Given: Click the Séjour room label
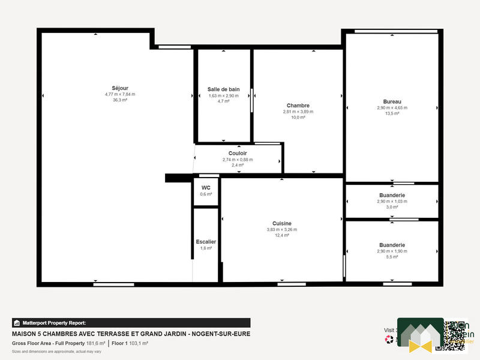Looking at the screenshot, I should point(120,88).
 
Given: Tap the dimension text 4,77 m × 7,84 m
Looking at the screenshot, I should point(120,94).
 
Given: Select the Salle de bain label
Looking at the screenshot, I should point(223,89).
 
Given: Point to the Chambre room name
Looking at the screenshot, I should point(298,106).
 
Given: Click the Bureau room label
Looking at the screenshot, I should point(392,101).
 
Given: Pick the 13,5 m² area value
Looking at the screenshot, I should point(392,113).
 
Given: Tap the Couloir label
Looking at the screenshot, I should point(238,154).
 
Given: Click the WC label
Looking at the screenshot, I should point(206,187).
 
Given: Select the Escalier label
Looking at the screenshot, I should point(206,242).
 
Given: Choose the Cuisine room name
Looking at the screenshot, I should point(281,223).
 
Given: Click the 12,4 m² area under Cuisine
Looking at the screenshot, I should point(281,235).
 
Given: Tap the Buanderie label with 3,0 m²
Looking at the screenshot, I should point(392,195).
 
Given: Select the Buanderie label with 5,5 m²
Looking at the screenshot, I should point(392,245).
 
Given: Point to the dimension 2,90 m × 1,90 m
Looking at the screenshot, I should point(392,251).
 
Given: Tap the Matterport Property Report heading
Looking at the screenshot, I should point(54,323).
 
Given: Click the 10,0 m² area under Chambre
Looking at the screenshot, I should point(298,118).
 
